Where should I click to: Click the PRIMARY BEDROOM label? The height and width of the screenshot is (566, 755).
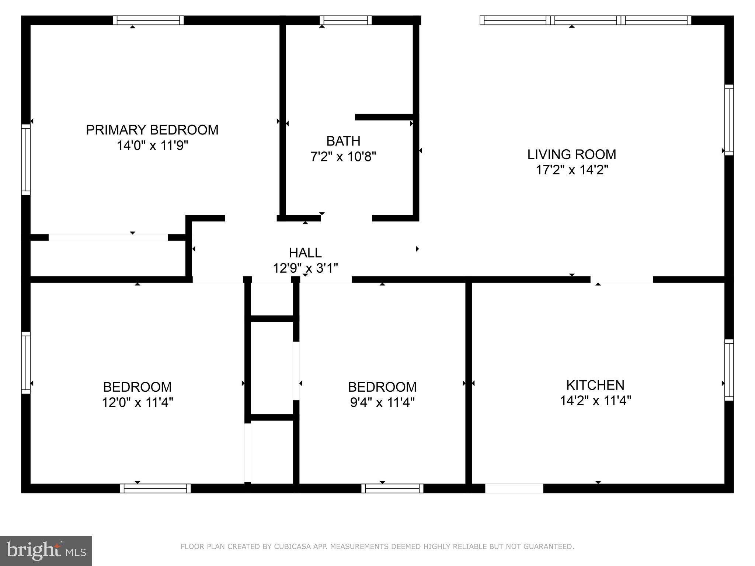[152, 130]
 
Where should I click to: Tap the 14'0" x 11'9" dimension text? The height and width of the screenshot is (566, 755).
[152, 146]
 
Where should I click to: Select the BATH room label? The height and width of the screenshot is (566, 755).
[343, 141]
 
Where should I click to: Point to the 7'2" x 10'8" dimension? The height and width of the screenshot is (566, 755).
[343, 157]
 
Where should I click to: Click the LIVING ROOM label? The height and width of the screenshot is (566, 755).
[571, 154]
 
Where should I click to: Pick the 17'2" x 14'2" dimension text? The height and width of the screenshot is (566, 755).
[571, 170]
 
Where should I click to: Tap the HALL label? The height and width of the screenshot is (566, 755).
[305, 253]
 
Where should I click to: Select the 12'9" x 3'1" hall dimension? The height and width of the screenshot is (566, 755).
[305, 268]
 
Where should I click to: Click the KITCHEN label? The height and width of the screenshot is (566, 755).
[595, 385]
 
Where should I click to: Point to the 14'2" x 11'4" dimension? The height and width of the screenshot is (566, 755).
[595, 401]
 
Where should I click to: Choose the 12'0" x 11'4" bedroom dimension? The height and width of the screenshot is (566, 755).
[138, 402]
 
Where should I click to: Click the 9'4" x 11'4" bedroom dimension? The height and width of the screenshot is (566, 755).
[382, 402]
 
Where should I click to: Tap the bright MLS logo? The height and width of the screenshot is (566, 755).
[46, 551]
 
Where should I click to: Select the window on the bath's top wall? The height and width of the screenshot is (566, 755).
[345, 20]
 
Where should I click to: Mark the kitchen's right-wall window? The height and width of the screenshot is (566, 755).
[729, 370]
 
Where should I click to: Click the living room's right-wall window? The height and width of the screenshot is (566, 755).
[729, 120]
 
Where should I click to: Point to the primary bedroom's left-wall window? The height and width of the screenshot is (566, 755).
[26, 160]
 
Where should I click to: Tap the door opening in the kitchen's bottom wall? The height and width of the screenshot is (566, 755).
[514, 488]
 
